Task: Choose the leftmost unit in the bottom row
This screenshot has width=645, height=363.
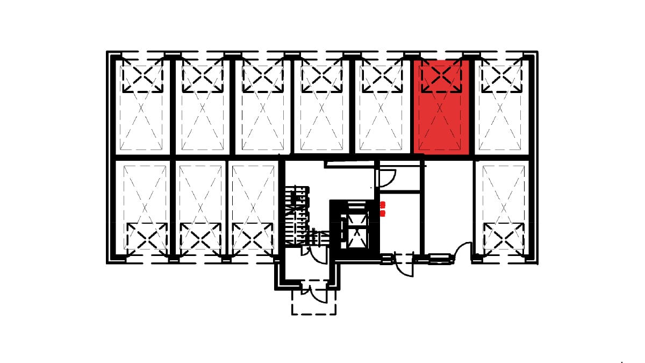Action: tap(146, 207)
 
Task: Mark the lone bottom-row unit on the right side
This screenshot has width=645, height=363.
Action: tap(504, 207)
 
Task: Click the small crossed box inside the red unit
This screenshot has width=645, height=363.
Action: tap(441, 76)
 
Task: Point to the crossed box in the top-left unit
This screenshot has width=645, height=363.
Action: tap(141, 76)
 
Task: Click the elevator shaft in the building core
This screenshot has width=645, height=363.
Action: tap(355, 227)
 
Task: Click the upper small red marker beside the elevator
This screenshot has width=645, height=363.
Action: tap(383, 204)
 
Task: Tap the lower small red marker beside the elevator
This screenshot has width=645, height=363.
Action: tap(383, 213)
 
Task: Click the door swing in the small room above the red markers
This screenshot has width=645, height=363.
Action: tap(388, 177)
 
